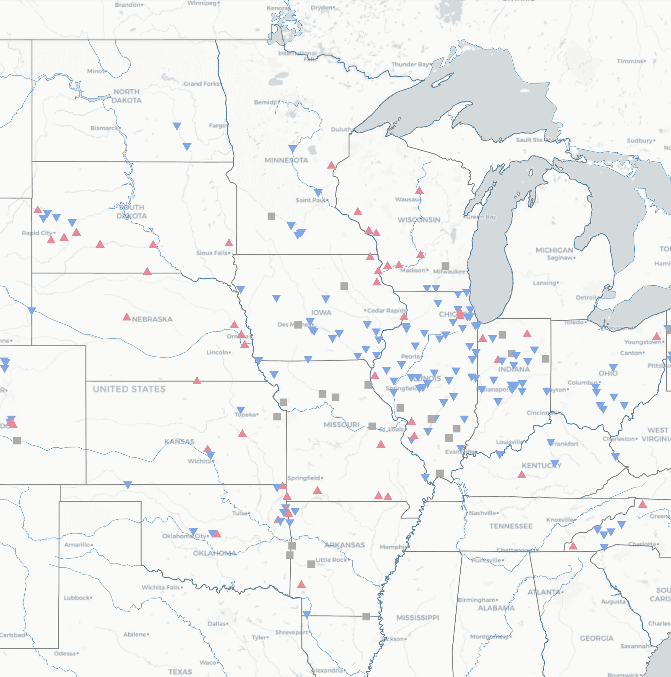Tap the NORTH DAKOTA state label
coord(127,96)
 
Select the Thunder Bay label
coord(410,64)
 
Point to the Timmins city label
coord(630,61)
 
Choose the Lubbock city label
coord(77,598)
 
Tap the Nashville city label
coord(483,513)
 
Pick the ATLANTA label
coord(544,592)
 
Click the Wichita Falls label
coord(161,587)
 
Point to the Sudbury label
coord(640,141)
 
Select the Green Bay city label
coord(481,217)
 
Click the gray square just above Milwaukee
coord(445,266)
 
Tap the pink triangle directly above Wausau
coord(419,191)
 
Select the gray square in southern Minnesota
coord(271,216)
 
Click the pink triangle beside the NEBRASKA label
coord(127,317)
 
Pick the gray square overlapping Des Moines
coord(298,324)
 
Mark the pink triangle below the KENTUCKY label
coord(522,475)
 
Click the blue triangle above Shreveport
coord(306,614)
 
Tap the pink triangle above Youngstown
coord(657,337)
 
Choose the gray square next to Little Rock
coord(311,564)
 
